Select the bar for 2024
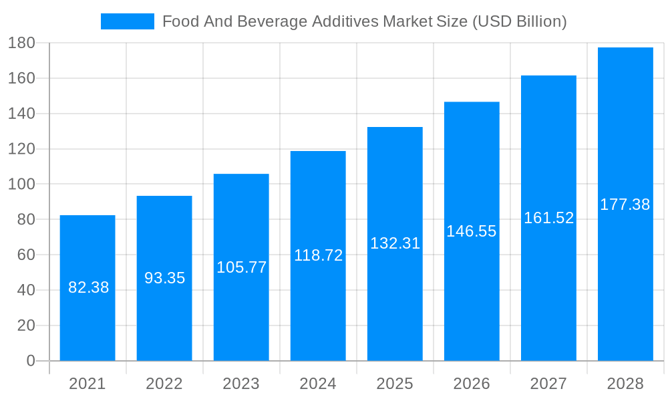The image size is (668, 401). pos(318,307)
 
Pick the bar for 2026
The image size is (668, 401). pos(472,294)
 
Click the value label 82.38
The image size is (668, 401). pos(88,287)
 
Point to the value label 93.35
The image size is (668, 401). pos(164,278)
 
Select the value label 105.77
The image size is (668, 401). pos(241,267)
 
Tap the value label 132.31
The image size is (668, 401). pos(395,243)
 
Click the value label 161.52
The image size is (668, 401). pos(548,218)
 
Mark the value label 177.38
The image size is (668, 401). pos(625,205)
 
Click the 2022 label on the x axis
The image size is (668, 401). pos(164,384)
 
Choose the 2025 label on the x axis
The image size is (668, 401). pos(395,384)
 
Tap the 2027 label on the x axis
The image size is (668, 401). pos(548,384)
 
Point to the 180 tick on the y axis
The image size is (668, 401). pos(21,43)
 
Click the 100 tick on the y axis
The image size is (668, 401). pos(21,184)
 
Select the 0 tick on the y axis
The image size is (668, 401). pos(30,361)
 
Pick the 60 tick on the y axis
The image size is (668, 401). pos(25,255)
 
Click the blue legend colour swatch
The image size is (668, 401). pos(127,21)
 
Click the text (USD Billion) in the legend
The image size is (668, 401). pos(519,21)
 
